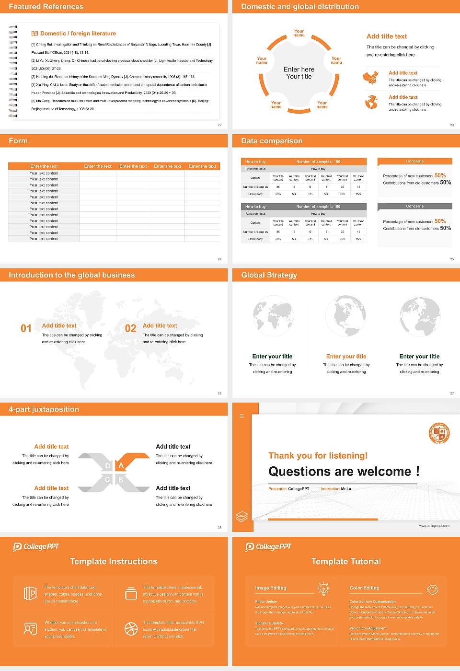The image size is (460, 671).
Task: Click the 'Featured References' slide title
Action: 46,7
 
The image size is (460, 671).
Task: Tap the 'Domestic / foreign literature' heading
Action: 78,34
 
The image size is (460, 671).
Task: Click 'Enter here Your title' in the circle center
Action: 299,73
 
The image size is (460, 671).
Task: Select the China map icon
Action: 370,78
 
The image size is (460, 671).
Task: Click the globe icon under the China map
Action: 371,102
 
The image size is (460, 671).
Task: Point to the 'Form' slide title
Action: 18,141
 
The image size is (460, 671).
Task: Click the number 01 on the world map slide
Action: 26,328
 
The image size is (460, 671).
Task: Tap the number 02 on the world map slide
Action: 130,328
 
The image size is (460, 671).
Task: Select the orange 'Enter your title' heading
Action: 346,356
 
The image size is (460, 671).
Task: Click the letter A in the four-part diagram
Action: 121,465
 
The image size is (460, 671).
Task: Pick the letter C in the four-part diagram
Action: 107,480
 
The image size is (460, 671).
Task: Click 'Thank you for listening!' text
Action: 318,455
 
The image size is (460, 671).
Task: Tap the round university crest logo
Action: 439,433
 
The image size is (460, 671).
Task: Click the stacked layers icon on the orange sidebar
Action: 242,516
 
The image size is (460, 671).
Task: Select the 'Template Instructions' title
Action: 114,561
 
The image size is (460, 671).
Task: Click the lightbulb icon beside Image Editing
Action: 323,589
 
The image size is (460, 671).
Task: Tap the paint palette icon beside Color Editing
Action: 432,589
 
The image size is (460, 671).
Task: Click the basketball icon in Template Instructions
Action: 131,629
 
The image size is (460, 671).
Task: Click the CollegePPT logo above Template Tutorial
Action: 268,547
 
